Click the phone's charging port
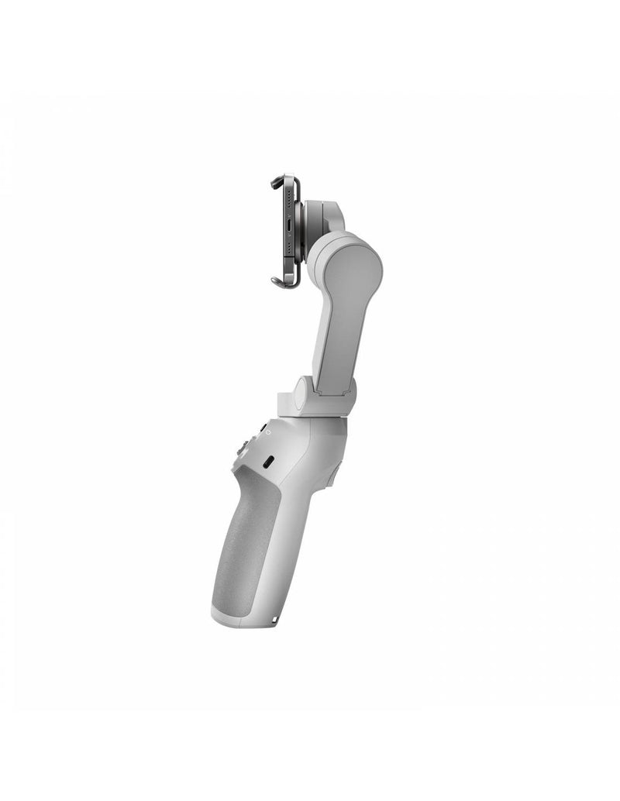click(288, 230)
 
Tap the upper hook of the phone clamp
click(276, 183)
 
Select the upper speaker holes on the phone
click(288, 203)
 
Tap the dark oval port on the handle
click(268, 462)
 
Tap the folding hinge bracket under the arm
click(325, 399)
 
